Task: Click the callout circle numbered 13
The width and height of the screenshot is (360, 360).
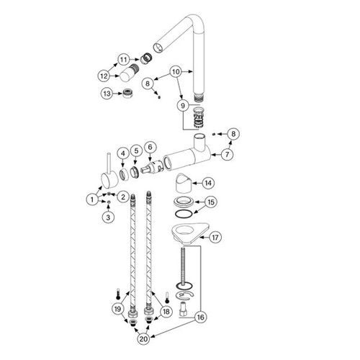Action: [x=107, y=94]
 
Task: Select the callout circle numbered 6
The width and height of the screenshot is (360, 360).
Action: [x=150, y=147]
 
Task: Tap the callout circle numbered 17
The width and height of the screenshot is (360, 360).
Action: [x=215, y=238]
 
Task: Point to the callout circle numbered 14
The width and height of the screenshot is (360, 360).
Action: [x=208, y=183]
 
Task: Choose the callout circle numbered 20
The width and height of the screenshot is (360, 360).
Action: [x=143, y=339]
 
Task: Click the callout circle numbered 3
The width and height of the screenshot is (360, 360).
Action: [x=108, y=217]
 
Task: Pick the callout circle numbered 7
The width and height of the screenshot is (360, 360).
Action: [x=227, y=154]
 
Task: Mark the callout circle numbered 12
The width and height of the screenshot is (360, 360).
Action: [x=104, y=76]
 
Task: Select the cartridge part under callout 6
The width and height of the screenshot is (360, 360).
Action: [x=152, y=166]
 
